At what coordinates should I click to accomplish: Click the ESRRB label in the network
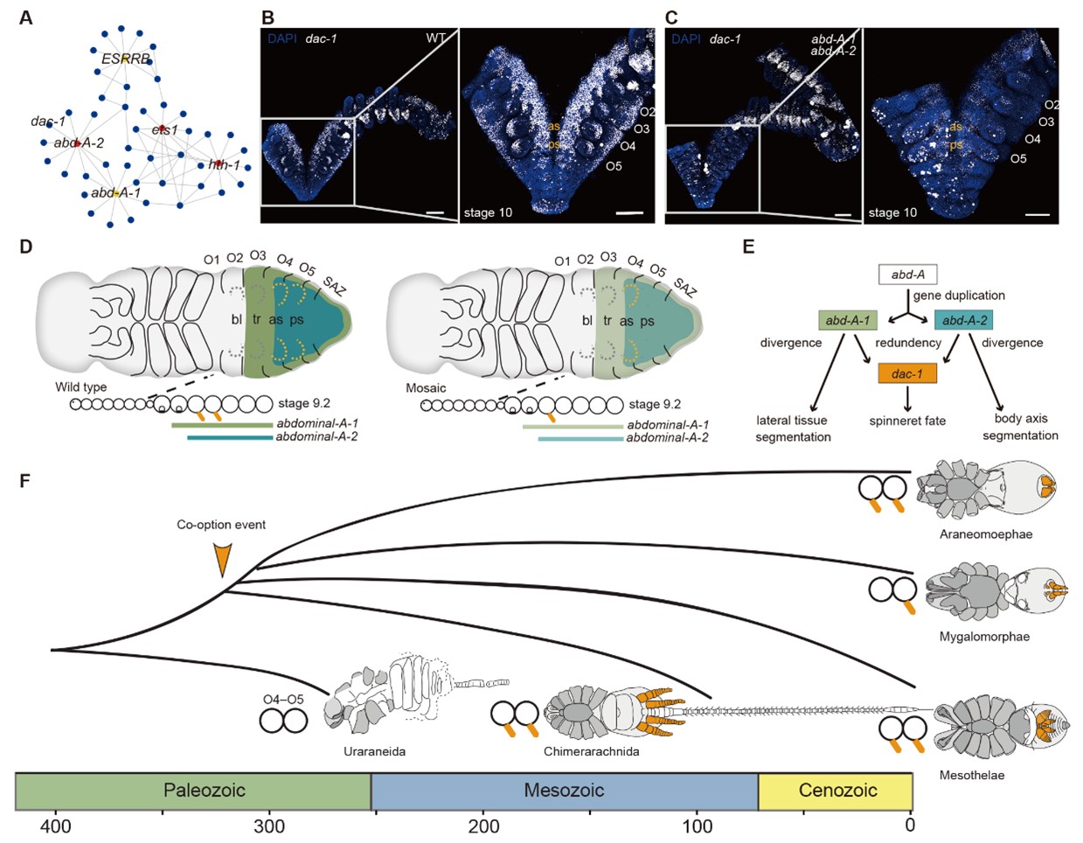pyautogui.click(x=126, y=59)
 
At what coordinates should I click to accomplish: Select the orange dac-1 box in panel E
pyautogui.click(x=907, y=374)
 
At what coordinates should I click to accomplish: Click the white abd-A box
pyautogui.click(x=907, y=275)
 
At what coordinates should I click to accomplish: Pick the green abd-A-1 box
pyautogui.click(x=847, y=320)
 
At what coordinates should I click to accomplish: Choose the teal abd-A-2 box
pyautogui.click(x=964, y=320)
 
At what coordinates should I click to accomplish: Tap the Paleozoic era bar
pyautogui.click(x=193, y=791)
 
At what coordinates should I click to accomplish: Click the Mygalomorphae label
pyautogui.click(x=984, y=637)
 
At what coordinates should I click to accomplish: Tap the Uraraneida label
pyautogui.click(x=373, y=751)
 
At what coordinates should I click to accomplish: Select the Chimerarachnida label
pyautogui.click(x=591, y=751)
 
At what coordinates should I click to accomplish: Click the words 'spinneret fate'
pyautogui.click(x=907, y=421)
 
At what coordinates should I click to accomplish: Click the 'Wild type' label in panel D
pyautogui.click(x=81, y=387)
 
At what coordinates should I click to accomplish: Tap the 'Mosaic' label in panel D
pyautogui.click(x=426, y=387)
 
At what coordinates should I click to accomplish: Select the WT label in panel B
pyautogui.click(x=436, y=38)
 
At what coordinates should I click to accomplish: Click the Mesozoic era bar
pyautogui.click(x=564, y=791)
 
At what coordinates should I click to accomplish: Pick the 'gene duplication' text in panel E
pyautogui.click(x=960, y=296)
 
